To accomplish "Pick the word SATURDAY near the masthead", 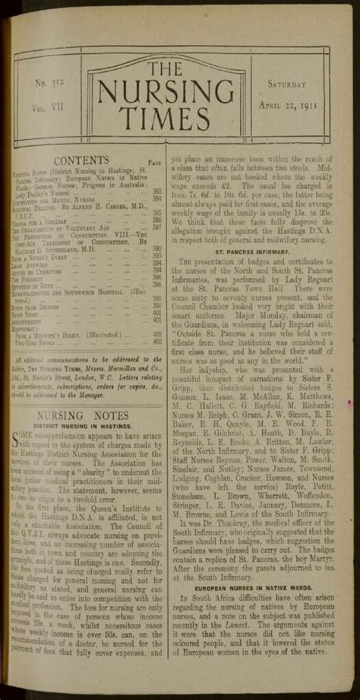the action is (x=287, y=84).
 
